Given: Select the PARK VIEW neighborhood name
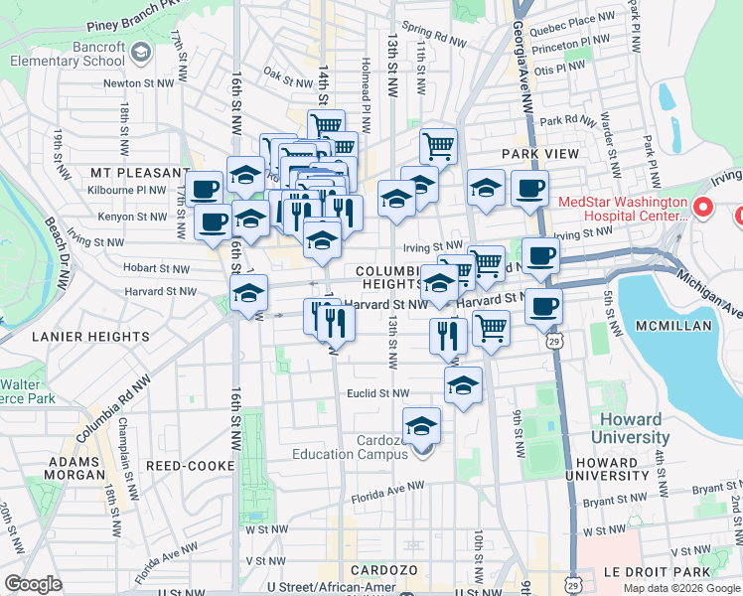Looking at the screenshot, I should (539, 154).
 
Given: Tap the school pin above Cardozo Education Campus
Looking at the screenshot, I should (422, 426).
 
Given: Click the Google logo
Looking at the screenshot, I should (33, 583).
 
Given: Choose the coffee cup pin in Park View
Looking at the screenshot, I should (529, 187).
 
